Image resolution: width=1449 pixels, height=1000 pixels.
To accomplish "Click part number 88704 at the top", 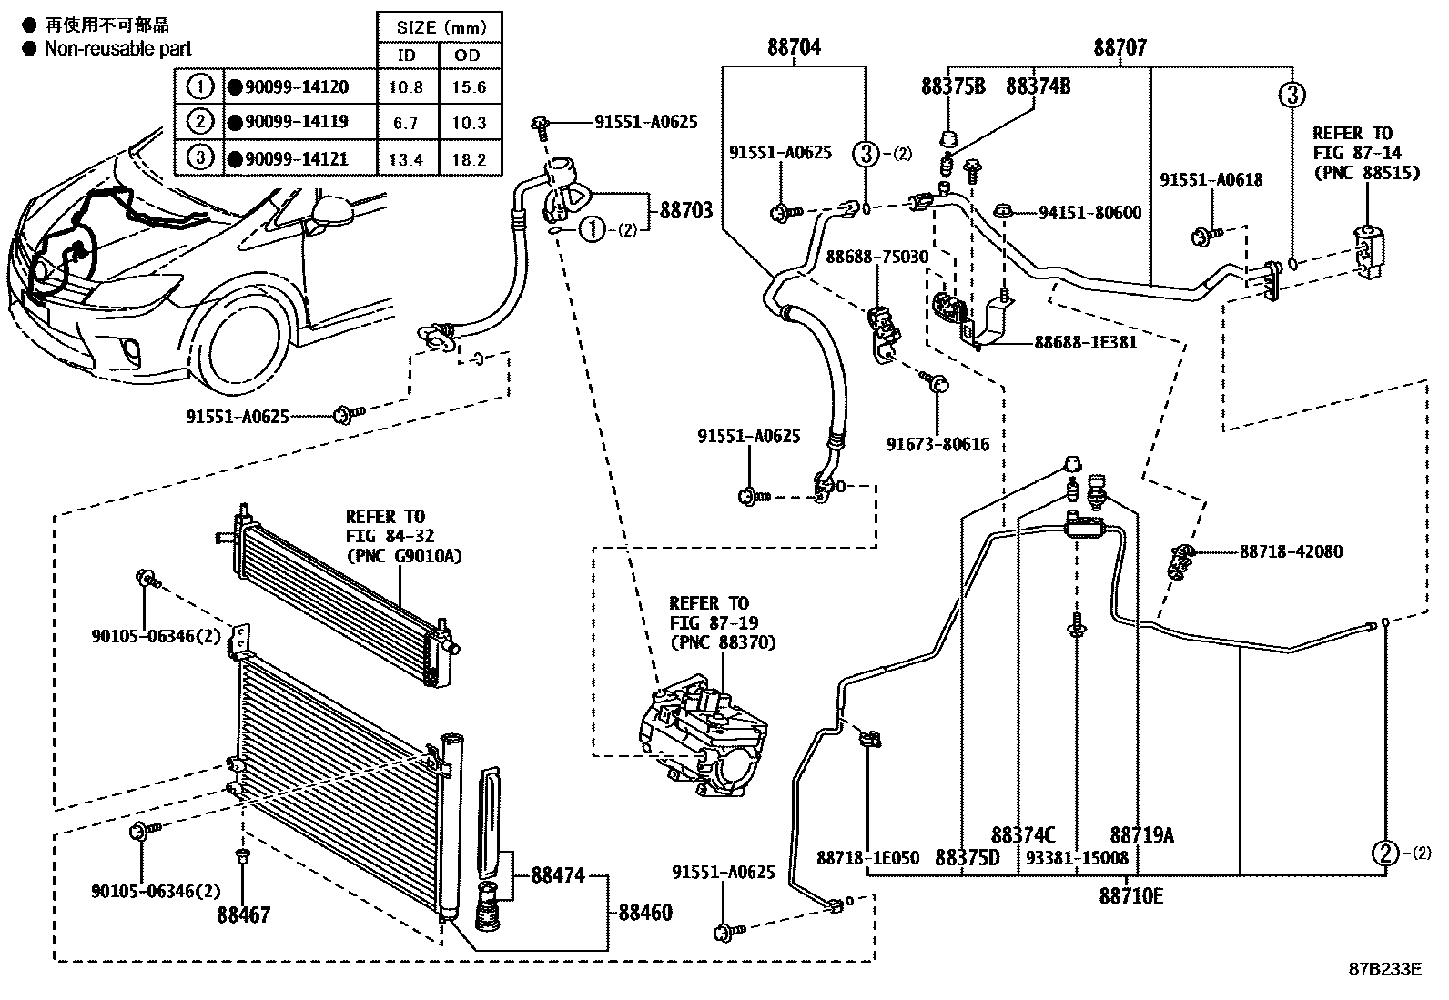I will tap(794, 47).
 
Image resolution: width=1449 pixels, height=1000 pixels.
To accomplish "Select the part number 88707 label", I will tap(1120, 47).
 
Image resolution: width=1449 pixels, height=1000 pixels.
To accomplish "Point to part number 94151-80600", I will tap(1089, 213).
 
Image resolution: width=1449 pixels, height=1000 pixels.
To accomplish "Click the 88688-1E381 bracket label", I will tap(1085, 343).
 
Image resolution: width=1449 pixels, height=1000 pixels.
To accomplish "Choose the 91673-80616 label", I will tap(937, 445).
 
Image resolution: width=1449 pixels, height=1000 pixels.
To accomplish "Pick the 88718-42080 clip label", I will tap(1290, 551).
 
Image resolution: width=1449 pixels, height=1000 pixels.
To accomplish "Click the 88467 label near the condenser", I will tap(243, 914).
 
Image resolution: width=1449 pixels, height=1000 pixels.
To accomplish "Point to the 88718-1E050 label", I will tap(867, 857).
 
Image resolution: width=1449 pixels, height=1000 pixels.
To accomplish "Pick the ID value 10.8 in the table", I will tap(406, 87).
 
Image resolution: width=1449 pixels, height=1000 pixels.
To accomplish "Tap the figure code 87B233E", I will tap(1384, 968).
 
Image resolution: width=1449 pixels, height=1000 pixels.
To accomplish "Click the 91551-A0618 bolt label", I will tap(1211, 180).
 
